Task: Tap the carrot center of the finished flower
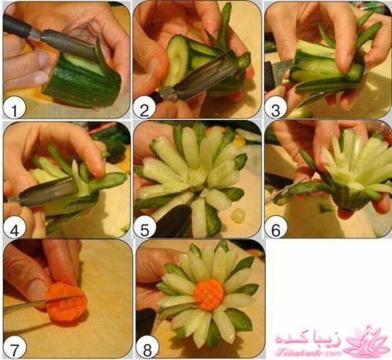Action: [x=209, y=295]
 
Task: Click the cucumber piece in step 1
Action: [x=82, y=78]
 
